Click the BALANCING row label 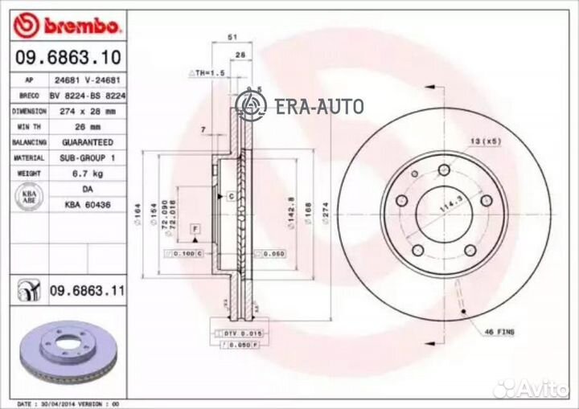point(28,142)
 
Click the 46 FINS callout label point(499,331)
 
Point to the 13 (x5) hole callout point(485,141)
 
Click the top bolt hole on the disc point(443,170)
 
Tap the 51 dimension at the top point(232,38)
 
